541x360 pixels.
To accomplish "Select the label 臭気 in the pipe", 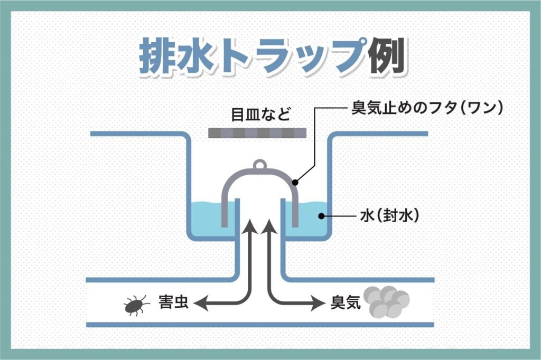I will pos(345,302).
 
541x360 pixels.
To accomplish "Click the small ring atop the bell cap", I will pos(259,165).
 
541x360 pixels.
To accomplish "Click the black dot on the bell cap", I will pos(296,183).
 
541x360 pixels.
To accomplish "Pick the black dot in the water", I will pos(320,216).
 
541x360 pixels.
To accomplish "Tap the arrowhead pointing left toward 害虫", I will pos(199,302).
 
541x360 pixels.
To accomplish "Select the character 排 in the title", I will pos(158,56).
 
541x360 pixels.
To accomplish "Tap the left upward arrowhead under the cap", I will pos(249,228).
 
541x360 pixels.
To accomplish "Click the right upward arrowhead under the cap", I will pos(270,228).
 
